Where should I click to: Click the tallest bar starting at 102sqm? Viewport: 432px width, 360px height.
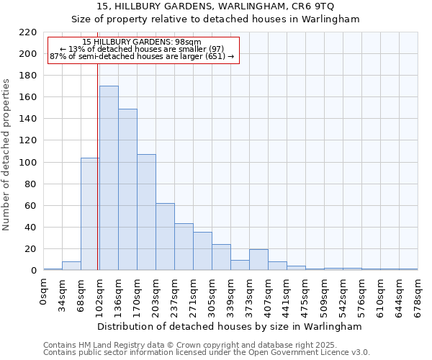point(109,178)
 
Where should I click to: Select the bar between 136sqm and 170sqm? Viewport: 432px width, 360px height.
point(127,189)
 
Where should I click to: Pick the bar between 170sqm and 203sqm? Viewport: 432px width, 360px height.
point(146,212)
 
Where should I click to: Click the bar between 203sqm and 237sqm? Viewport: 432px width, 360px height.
point(165,237)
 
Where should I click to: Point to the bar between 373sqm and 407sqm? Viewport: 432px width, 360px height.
point(258,260)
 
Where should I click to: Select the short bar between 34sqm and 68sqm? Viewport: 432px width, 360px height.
point(71,266)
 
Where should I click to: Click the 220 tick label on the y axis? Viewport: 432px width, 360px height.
point(28,32)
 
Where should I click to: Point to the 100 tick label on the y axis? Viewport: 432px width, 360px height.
point(28,163)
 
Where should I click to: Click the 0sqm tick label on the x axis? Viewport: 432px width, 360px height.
point(44,293)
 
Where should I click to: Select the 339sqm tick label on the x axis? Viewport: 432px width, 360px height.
point(231,296)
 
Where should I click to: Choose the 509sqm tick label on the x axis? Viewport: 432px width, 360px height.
point(325,296)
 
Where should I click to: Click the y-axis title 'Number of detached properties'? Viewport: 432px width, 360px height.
point(7,155)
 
